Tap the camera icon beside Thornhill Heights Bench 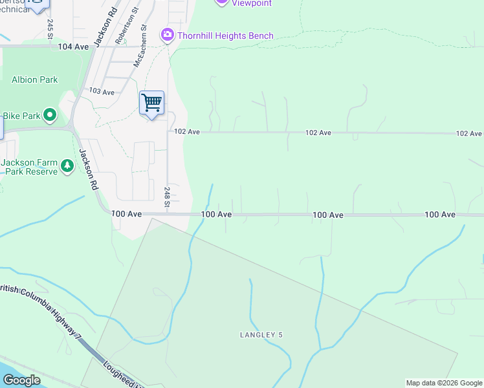tap(168, 34)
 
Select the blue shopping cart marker tap(151, 102)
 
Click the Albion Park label tap(34, 80)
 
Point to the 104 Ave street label tap(72, 47)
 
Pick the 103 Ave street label tap(102, 92)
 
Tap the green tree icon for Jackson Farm tap(67, 167)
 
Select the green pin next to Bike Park tap(50, 116)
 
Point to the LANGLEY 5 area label tap(261, 335)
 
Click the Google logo tap(21, 380)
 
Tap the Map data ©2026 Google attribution tap(444, 383)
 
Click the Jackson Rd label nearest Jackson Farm tap(87, 169)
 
